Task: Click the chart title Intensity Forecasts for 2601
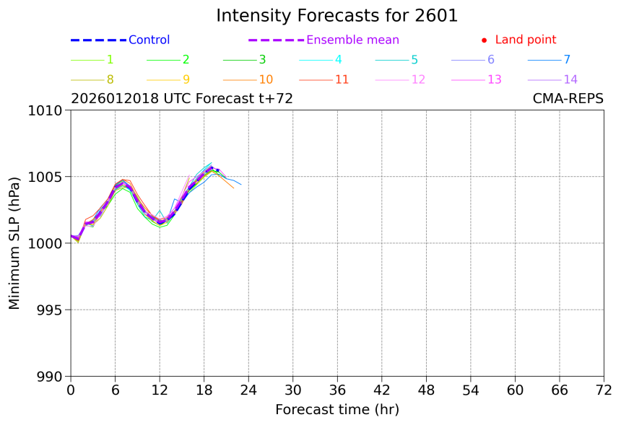[x=336, y=16]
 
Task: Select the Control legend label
[x=149, y=40]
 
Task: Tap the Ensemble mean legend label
[x=352, y=40]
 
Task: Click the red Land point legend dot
[x=484, y=40]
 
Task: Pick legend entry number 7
[x=567, y=60]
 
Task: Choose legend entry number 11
[x=342, y=79]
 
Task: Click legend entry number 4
[x=338, y=60]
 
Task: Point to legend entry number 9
[x=186, y=79]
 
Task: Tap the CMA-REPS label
[x=568, y=99]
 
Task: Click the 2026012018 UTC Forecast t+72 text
[x=182, y=99]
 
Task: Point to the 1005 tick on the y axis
[x=48, y=177]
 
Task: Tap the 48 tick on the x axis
[x=426, y=390]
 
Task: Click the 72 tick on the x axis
[x=604, y=390]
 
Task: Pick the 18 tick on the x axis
[x=204, y=390]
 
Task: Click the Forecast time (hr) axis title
[x=336, y=410]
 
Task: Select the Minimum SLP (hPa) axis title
[x=15, y=243]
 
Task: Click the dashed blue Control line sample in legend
[x=98, y=40]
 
